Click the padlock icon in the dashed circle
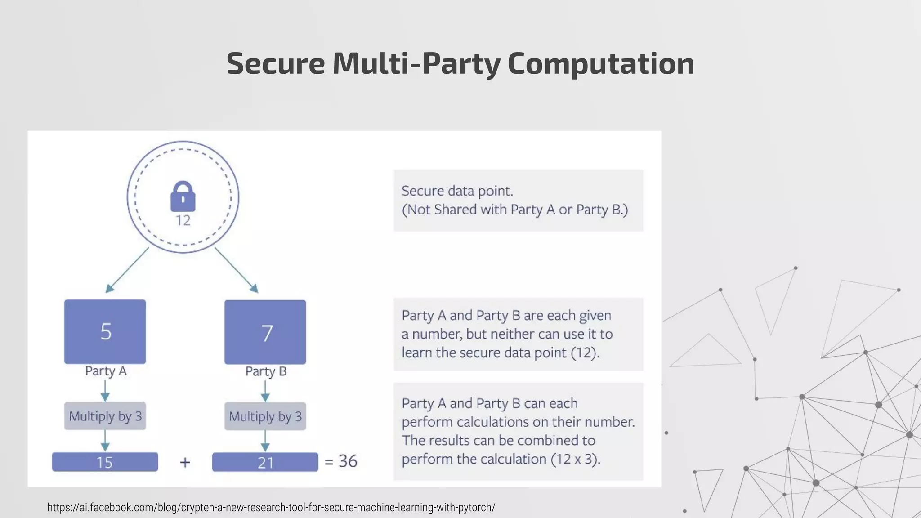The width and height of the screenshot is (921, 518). pos(183,196)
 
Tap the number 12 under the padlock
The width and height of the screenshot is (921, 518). pos(183,220)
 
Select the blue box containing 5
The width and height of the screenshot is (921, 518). pos(105,331)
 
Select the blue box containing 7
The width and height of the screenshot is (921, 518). pos(265,332)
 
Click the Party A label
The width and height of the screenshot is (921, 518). pos(106,371)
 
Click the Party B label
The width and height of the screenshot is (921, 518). pos(266,371)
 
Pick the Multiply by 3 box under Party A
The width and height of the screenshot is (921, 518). pos(105,416)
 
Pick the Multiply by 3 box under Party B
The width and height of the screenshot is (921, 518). pos(265,416)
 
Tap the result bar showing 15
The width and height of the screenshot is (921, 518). pos(105,462)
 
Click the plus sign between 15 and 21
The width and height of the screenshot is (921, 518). pos(185,462)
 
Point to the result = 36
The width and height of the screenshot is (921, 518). pos(342,461)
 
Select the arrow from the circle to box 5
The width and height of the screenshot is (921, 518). pos(127,270)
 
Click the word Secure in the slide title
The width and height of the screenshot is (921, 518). pos(275,63)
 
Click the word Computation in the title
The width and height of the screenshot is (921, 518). pos(601,63)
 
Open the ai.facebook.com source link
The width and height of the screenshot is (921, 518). pos(271,508)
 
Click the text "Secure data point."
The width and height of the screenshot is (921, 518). pos(457,191)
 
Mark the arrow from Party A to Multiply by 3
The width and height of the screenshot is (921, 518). pos(105,390)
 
